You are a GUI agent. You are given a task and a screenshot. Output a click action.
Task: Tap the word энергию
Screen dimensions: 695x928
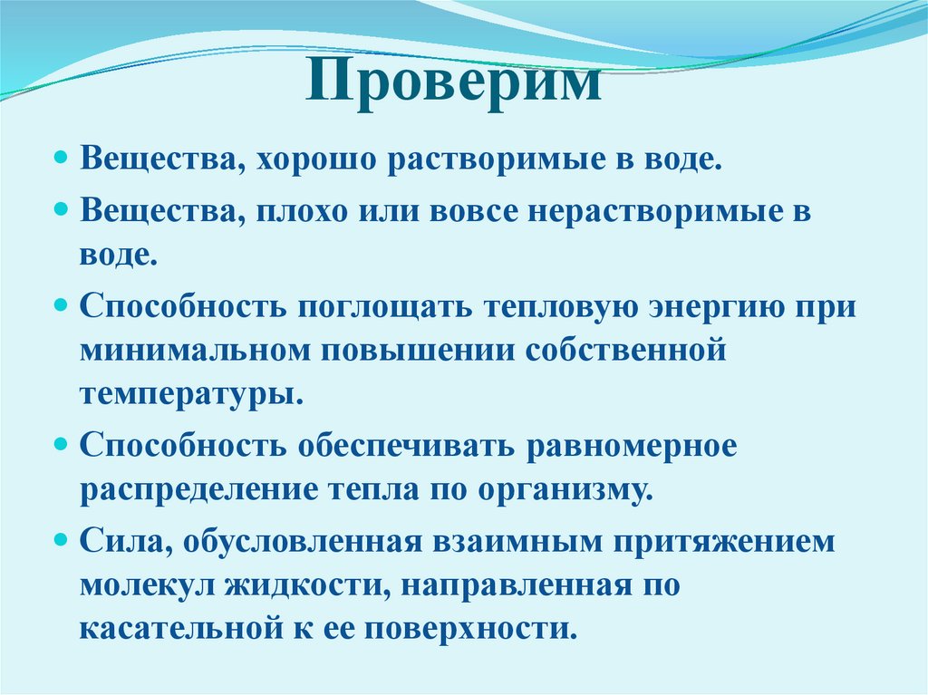(691, 305)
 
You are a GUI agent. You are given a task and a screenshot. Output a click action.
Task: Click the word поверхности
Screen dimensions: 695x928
(486, 629)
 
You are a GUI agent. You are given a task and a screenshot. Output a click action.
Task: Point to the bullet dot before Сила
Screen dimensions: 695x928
(62, 539)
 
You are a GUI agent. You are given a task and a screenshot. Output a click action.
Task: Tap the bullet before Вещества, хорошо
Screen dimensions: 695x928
(62, 159)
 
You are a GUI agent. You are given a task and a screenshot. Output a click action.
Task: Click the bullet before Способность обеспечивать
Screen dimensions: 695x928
(62, 444)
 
